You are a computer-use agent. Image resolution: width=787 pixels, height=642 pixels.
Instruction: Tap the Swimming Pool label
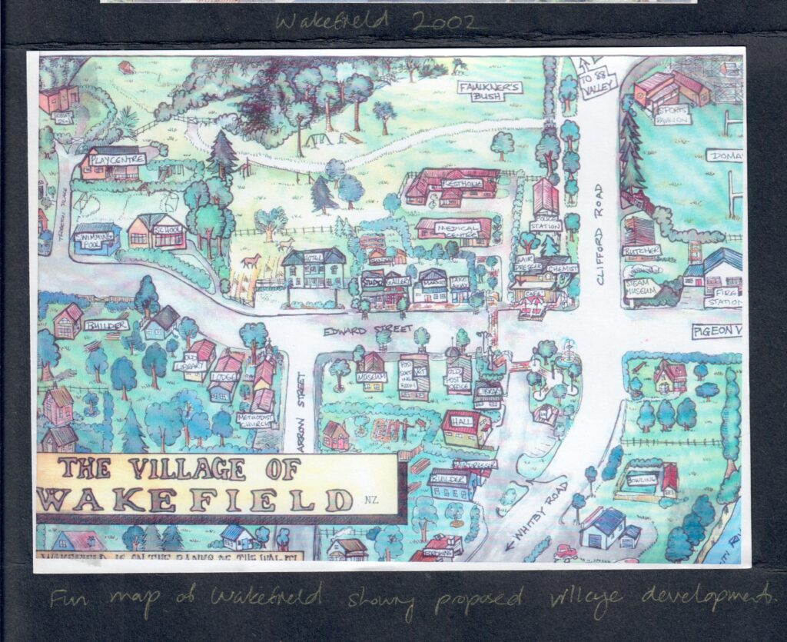click(x=96, y=235)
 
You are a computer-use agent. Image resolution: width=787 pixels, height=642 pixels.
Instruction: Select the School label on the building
click(x=167, y=229)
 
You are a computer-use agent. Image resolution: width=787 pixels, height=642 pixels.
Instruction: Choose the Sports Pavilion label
click(x=672, y=115)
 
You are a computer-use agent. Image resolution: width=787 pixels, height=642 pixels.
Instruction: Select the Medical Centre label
click(x=453, y=228)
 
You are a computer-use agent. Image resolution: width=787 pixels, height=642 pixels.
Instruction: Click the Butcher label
click(x=641, y=251)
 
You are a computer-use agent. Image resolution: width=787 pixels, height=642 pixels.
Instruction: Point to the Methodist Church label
click(x=255, y=419)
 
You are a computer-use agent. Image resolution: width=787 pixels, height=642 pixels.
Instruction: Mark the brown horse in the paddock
click(x=251, y=261)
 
